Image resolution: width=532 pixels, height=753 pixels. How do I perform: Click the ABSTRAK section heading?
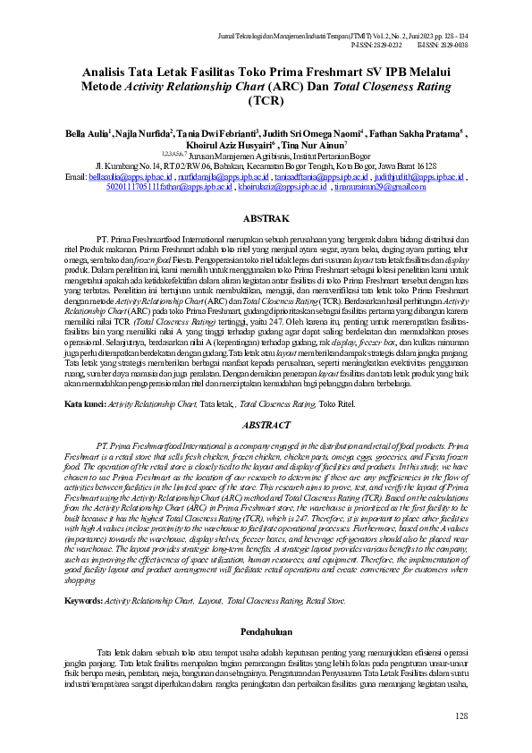266,218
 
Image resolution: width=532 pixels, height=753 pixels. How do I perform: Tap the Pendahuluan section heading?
266,619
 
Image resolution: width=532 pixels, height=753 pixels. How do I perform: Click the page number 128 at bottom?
461,715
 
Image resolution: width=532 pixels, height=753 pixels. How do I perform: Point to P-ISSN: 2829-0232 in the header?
377,42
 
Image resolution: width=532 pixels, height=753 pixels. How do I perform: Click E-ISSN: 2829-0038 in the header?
442,42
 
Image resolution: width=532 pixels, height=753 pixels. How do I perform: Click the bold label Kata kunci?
84,405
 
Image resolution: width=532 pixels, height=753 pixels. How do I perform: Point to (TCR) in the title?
266,100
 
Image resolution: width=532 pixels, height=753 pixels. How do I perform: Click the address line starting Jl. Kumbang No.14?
266,167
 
